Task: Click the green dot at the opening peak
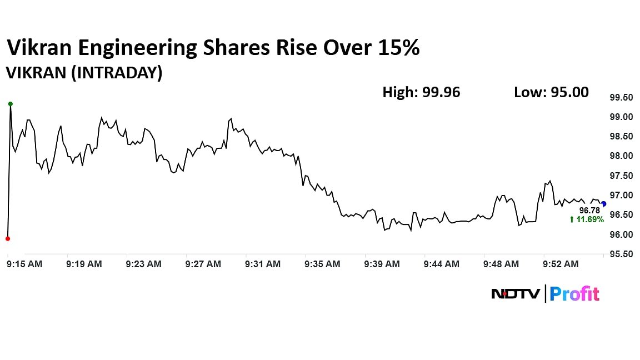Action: tap(10, 104)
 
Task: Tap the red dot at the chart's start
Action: tap(7, 239)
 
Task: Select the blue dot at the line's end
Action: tap(604, 204)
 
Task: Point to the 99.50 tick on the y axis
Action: tap(621, 98)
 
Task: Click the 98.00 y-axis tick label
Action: tap(621, 156)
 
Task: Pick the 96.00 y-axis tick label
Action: tap(621, 235)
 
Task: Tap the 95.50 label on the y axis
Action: tap(621, 254)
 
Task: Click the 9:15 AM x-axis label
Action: tap(24, 264)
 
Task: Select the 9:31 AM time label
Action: tap(263, 264)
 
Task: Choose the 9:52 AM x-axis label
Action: tap(561, 264)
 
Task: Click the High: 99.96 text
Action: tap(421, 92)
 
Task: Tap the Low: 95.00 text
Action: tap(551, 92)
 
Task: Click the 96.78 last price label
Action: tap(589, 211)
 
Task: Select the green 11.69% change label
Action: tap(586, 220)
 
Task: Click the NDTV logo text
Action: tap(515, 293)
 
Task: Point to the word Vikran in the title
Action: tap(39, 49)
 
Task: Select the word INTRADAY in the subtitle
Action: tap(117, 73)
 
